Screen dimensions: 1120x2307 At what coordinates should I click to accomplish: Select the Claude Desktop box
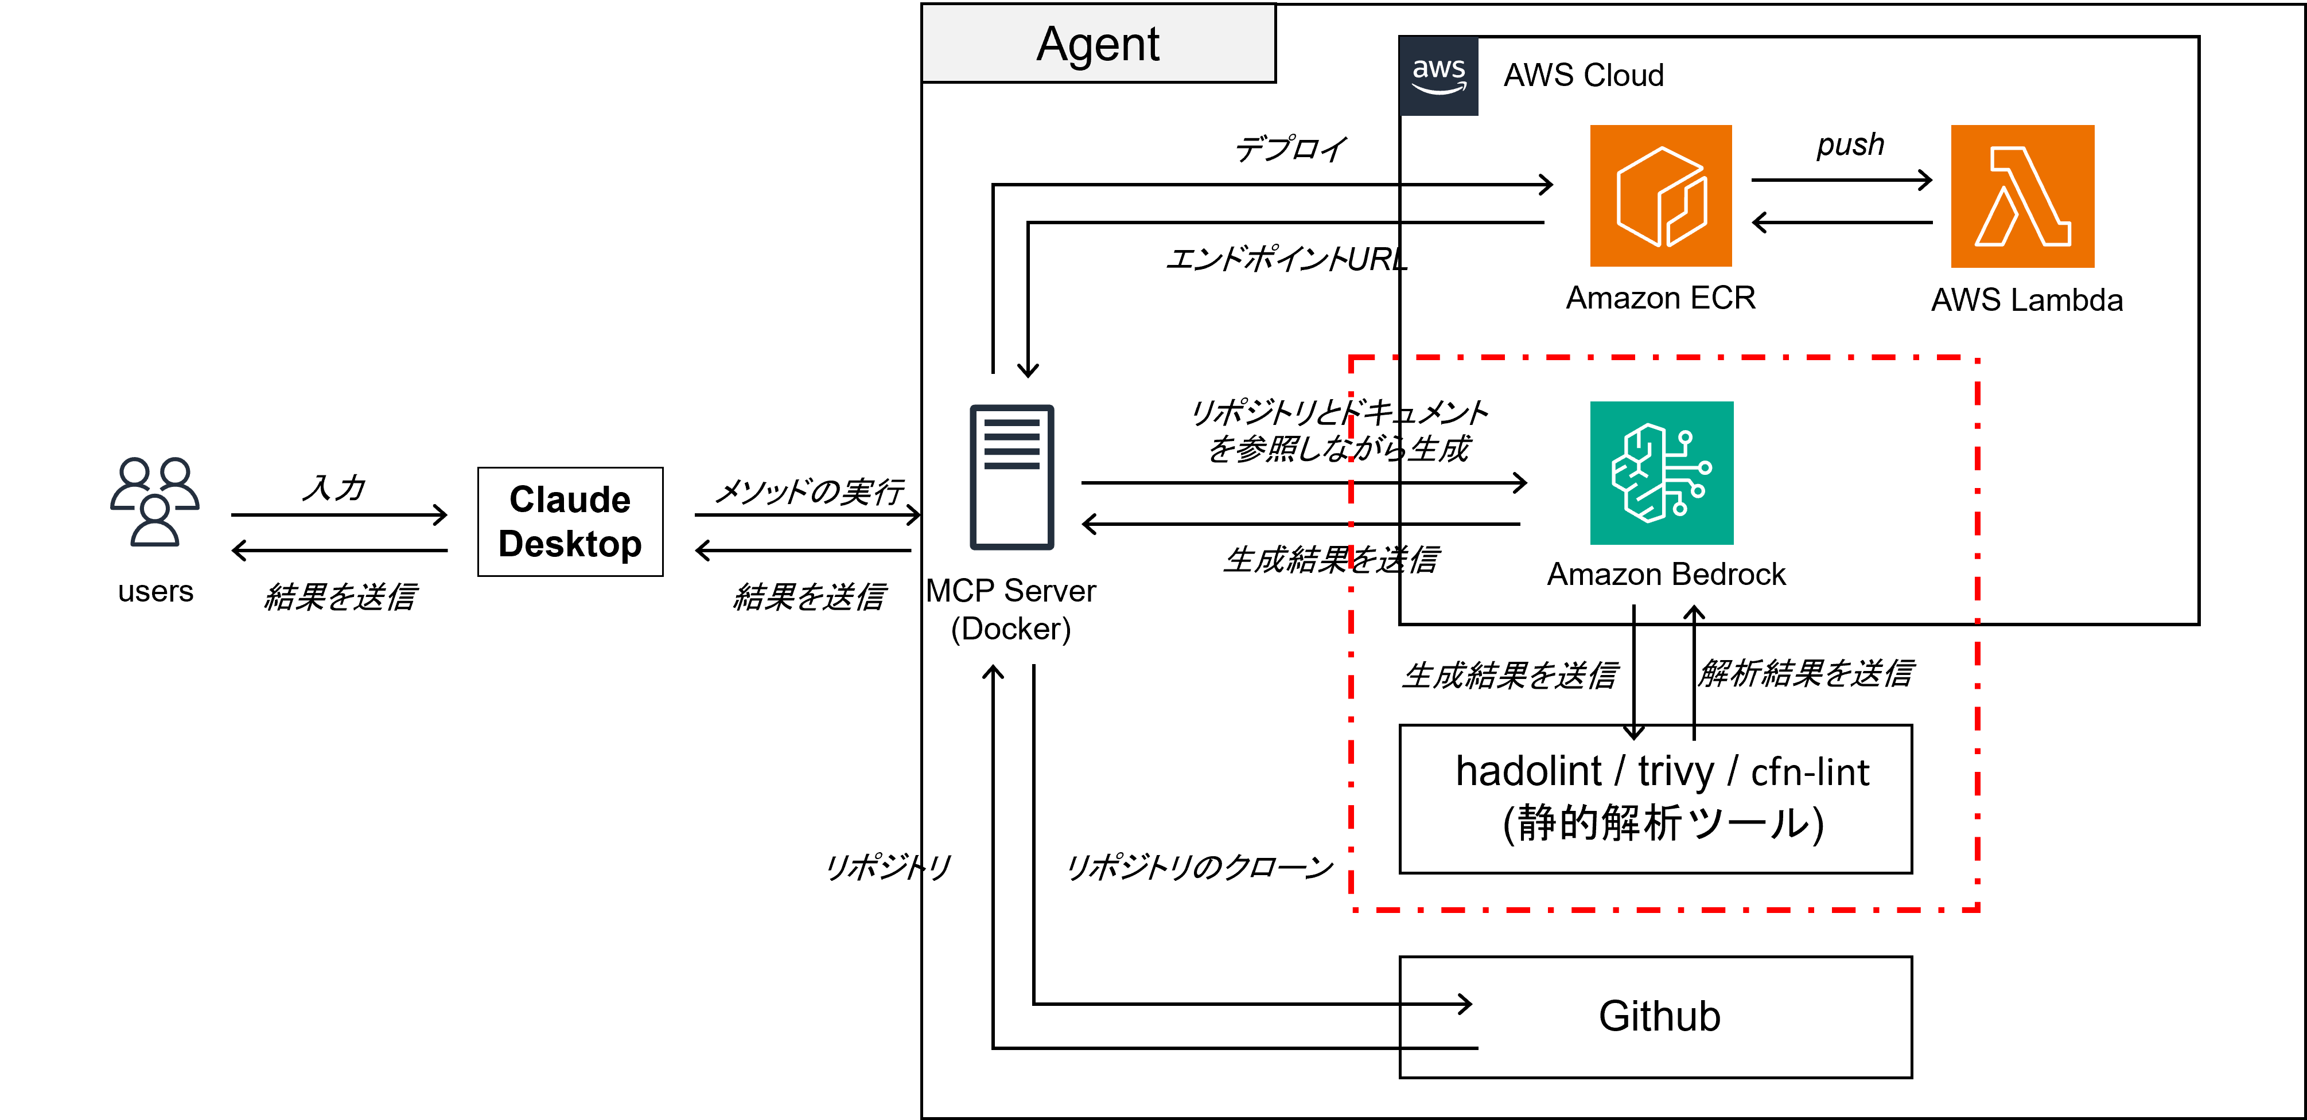[570, 522]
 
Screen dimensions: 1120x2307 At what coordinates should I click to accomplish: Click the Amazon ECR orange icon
[1660, 196]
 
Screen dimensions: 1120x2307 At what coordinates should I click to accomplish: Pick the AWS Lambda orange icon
[2022, 196]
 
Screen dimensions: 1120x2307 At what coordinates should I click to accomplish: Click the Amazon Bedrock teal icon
[1662, 473]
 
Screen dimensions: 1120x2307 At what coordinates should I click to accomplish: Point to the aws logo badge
[1438, 76]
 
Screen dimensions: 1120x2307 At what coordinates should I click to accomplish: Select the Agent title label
[1098, 44]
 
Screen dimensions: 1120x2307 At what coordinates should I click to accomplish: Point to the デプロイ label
[1290, 149]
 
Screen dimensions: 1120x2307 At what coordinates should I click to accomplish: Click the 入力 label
[334, 488]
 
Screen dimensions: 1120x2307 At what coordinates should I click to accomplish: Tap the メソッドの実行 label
[810, 491]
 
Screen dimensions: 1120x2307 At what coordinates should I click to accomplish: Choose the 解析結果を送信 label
[1806, 673]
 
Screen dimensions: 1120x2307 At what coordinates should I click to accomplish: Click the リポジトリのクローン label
[1199, 867]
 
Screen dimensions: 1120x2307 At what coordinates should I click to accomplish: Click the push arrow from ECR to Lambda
[1841, 181]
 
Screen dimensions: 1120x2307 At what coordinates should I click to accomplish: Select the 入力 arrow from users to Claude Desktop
[339, 515]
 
